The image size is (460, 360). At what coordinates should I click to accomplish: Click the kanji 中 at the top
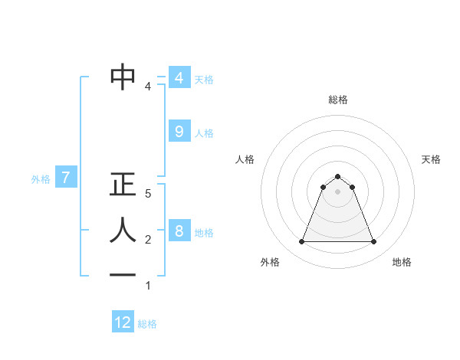coord(123,77)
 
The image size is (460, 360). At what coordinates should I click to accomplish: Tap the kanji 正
coord(123,185)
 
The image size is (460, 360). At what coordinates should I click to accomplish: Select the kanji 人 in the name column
coord(123,230)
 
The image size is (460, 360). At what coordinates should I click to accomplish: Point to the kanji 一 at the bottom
coord(123,275)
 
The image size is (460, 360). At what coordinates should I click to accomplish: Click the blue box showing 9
coord(179,132)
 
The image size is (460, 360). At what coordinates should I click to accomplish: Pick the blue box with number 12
coord(123,322)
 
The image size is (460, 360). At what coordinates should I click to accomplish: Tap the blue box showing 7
coord(66,178)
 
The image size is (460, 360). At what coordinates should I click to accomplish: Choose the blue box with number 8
coord(179,231)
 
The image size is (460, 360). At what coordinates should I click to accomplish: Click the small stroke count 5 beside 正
coord(148,195)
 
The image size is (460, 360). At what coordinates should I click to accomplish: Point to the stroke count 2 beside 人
coord(148,241)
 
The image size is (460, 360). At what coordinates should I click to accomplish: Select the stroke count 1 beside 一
coord(148,286)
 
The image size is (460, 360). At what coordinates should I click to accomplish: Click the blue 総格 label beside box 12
coord(147,324)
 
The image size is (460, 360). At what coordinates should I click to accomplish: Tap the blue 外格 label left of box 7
coord(41,179)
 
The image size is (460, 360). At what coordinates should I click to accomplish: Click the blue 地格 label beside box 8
coord(204,233)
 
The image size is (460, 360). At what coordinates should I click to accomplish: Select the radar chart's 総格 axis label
coord(338,100)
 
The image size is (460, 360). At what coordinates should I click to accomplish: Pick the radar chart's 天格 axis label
coord(431,159)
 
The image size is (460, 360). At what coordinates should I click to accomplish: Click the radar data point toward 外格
coord(302,242)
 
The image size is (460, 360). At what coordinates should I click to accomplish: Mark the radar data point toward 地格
coord(374,242)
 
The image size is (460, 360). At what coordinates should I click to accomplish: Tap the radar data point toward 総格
coord(338,177)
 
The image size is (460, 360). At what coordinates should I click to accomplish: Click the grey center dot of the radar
coord(338,191)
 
